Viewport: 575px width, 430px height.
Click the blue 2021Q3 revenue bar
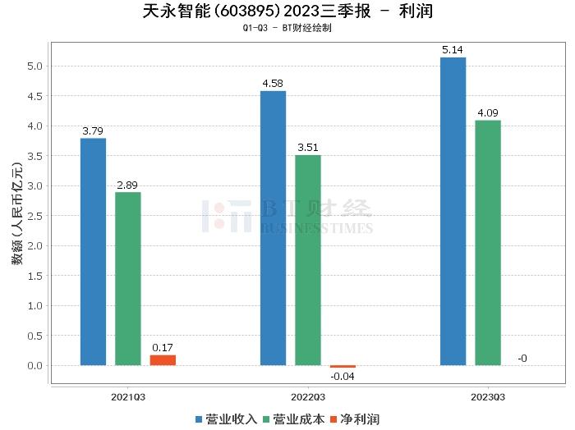tap(93, 251)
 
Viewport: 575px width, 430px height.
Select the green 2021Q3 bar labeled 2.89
tap(127, 278)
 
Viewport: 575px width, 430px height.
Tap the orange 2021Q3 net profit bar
tap(163, 360)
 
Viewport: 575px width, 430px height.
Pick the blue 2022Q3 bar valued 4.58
tap(273, 227)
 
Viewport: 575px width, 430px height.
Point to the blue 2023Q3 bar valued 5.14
tap(453, 211)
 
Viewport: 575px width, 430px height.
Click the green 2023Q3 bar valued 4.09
tap(487, 242)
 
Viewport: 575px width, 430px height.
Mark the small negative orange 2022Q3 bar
tap(343, 367)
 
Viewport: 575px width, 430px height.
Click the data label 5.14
tap(453, 50)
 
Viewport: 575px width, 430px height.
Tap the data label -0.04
tap(343, 377)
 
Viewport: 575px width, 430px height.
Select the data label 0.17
tap(163, 347)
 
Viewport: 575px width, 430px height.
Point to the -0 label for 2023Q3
tap(522, 358)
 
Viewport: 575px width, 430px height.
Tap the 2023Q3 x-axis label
tap(487, 397)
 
